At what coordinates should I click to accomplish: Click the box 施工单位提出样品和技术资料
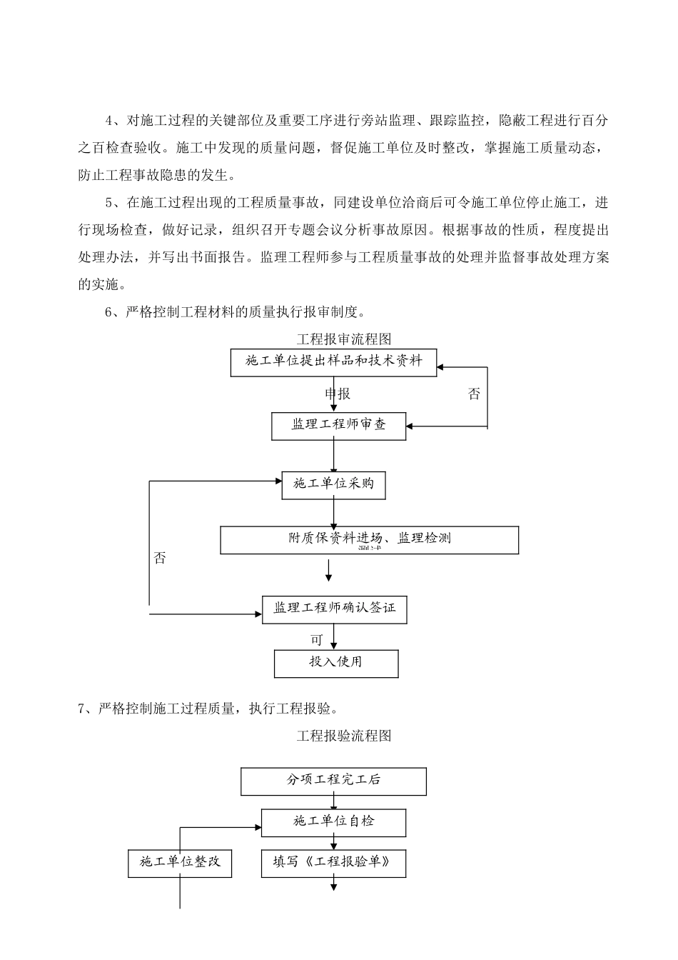point(333,362)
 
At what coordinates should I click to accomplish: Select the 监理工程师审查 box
point(338,426)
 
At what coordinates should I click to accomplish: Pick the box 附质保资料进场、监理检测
point(369,540)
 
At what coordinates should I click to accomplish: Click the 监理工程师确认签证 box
point(334,609)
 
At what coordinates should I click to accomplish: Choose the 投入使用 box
point(335,663)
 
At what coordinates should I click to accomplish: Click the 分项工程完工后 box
point(333,781)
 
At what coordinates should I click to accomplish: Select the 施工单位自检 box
point(333,822)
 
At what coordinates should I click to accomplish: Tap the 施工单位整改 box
point(180,863)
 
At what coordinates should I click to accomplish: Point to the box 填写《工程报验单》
point(333,863)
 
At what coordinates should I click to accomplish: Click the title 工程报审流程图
point(344,339)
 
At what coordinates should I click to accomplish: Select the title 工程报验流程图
point(344,736)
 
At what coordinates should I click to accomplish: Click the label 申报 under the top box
point(338,394)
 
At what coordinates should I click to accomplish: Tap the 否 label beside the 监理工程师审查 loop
point(474,394)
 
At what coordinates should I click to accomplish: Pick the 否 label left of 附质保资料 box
point(160,558)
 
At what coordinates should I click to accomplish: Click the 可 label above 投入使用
point(316,640)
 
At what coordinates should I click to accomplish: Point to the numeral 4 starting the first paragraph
point(109,121)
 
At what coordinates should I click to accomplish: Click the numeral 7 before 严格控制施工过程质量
point(82,709)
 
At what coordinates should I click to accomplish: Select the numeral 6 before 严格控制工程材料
point(109,311)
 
